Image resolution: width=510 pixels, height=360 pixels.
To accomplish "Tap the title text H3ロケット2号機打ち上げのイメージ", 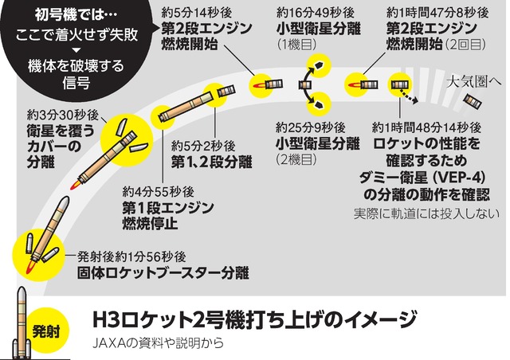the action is click(254, 321).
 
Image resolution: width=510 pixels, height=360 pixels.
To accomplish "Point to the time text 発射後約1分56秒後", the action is click(132, 256).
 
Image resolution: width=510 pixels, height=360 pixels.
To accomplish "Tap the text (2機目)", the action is click(296, 160).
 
